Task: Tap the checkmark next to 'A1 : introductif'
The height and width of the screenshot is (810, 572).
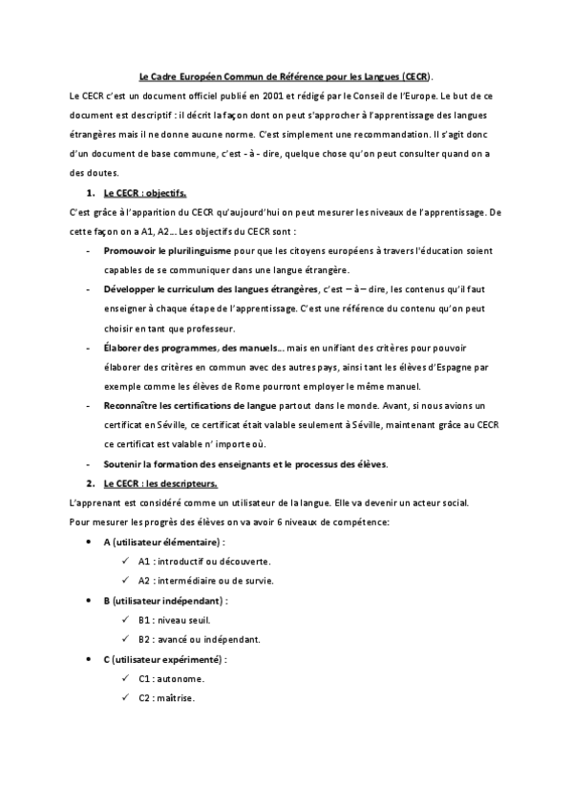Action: click(x=125, y=561)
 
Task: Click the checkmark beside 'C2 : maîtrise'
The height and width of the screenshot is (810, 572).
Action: click(x=125, y=697)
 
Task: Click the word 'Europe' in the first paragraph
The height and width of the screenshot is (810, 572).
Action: click(x=427, y=96)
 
